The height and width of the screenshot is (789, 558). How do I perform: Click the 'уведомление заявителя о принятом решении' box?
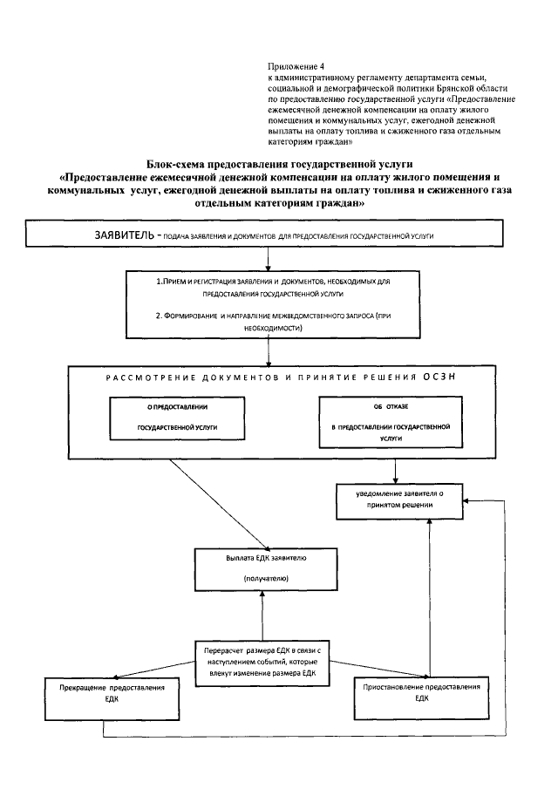(399, 500)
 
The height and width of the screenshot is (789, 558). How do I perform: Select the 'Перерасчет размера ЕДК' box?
(261, 662)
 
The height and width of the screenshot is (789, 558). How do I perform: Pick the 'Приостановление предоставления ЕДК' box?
(421, 698)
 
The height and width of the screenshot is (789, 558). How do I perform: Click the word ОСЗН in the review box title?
(441, 376)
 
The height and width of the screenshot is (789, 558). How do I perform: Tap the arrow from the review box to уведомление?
(397, 470)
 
